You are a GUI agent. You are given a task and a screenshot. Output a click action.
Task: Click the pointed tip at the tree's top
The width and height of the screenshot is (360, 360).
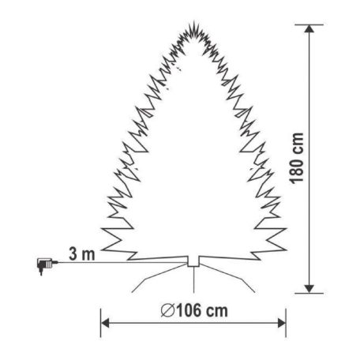click(x=192, y=23)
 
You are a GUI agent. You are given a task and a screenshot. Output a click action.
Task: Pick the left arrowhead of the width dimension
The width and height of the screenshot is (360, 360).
click(x=106, y=323)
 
